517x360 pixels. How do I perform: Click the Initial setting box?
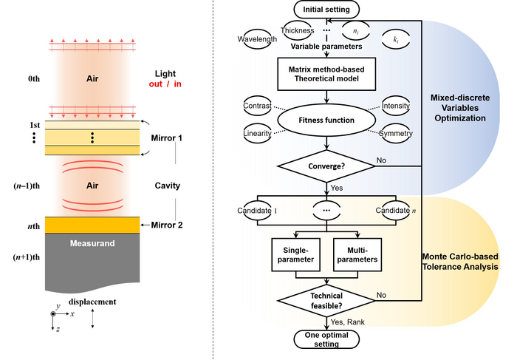pos(326,10)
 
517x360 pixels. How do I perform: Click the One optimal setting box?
pos(326,339)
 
